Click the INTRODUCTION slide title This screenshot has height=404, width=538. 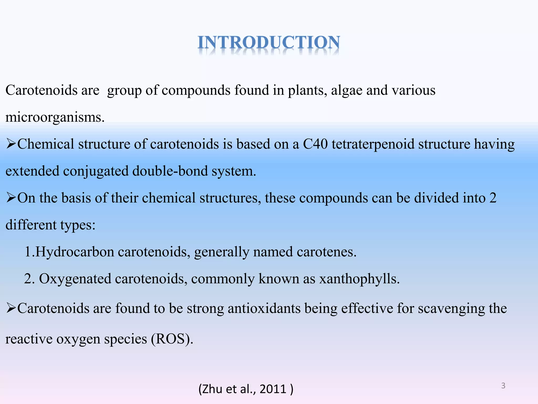coord(269,43)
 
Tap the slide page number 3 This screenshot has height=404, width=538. coord(503,386)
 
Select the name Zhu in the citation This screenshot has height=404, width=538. coord(213,389)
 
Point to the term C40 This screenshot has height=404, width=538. coord(315,144)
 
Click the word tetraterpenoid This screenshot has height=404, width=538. coord(373,144)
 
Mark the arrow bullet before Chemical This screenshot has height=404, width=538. coord(11,144)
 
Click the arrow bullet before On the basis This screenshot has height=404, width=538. coord(11,198)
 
